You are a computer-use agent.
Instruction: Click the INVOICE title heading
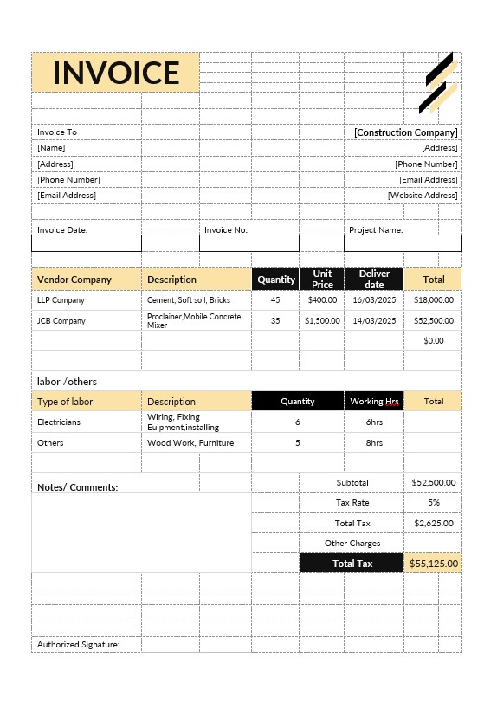[116, 73]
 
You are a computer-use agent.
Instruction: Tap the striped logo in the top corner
[437, 84]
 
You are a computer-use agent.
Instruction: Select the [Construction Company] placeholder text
[405, 132]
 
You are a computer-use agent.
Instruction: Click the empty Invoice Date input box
[86, 243]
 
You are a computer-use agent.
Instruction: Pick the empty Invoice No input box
[249, 243]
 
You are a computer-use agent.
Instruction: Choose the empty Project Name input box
[403, 243]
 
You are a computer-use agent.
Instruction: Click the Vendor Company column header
[74, 280]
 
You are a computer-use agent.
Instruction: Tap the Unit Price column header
[322, 280]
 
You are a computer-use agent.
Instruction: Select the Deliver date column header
[374, 280]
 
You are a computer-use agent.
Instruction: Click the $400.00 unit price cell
[322, 300]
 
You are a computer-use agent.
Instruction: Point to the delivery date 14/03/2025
[374, 320]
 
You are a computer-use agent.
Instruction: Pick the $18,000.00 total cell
[434, 300]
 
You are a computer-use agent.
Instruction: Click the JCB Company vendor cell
[61, 320]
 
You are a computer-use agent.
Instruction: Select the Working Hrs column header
[374, 402]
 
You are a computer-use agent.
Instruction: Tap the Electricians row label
[59, 422]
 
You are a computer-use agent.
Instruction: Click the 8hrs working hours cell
[374, 442]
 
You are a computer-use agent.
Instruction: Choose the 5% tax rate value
[434, 502]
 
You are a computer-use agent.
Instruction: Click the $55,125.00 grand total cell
[434, 564]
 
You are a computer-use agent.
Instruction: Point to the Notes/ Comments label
[77, 487]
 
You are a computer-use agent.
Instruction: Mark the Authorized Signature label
[78, 645]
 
